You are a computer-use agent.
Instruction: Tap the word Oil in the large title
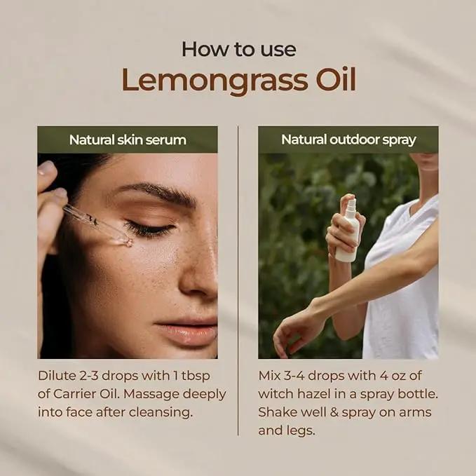[x=336, y=79]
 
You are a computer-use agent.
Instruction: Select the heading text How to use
[x=239, y=49]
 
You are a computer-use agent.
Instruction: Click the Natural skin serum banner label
[x=128, y=140]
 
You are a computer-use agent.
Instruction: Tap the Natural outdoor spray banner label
[x=348, y=140]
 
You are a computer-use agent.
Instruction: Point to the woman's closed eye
[x=149, y=229]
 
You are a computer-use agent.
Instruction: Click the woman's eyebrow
[x=157, y=192]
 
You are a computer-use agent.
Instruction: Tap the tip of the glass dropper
[x=130, y=243]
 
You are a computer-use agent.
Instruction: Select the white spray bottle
[x=348, y=231]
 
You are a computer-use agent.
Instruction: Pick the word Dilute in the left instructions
[x=57, y=376]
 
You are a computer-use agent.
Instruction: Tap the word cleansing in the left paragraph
[x=161, y=413]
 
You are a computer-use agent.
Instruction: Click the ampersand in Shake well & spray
[x=334, y=412]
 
